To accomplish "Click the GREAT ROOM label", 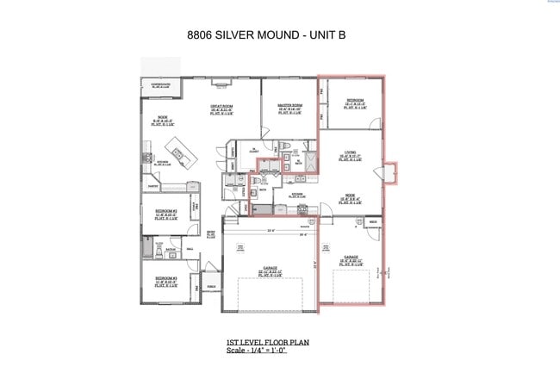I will pyautogui.click(x=221, y=108).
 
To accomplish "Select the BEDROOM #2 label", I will pyautogui.click(x=167, y=212).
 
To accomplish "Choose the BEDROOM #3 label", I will pyautogui.click(x=167, y=279).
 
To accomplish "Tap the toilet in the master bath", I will pyautogui.click(x=285, y=147).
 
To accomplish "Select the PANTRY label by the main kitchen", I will pyautogui.click(x=152, y=186).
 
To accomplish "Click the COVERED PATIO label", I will pyautogui.click(x=161, y=84).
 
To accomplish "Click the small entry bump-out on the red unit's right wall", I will pyautogui.click(x=390, y=172).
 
